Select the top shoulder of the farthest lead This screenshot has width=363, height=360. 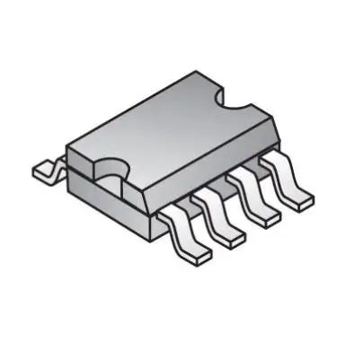[270, 161]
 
